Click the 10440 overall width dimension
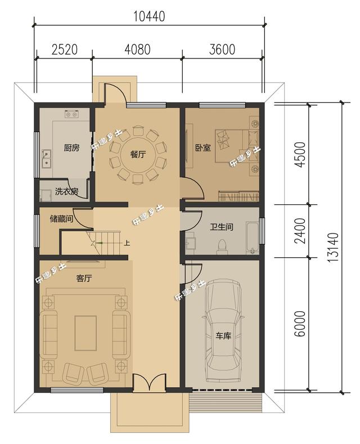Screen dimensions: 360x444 (x=149, y=16)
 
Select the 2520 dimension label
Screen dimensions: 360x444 (x=65, y=50)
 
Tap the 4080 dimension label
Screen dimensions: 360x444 (x=138, y=50)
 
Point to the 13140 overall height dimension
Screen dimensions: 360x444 (x=334, y=247)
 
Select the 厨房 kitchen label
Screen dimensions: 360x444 (x=71, y=147)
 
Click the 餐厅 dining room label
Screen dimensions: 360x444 (x=138, y=154)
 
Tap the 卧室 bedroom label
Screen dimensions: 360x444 (x=203, y=147)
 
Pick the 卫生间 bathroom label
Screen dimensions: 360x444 (x=222, y=227)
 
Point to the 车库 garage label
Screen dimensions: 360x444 (x=223, y=336)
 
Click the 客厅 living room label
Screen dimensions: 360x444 (x=84, y=279)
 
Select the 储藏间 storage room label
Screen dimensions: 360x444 (x=61, y=218)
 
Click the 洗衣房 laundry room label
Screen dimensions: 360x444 (x=67, y=191)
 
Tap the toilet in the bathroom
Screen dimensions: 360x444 (x=222, y=246)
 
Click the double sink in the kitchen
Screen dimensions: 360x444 (x=46, y=158)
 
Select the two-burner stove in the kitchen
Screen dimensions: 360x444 (x=71, y=114)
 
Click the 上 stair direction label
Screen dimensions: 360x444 (x=127, y=243)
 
